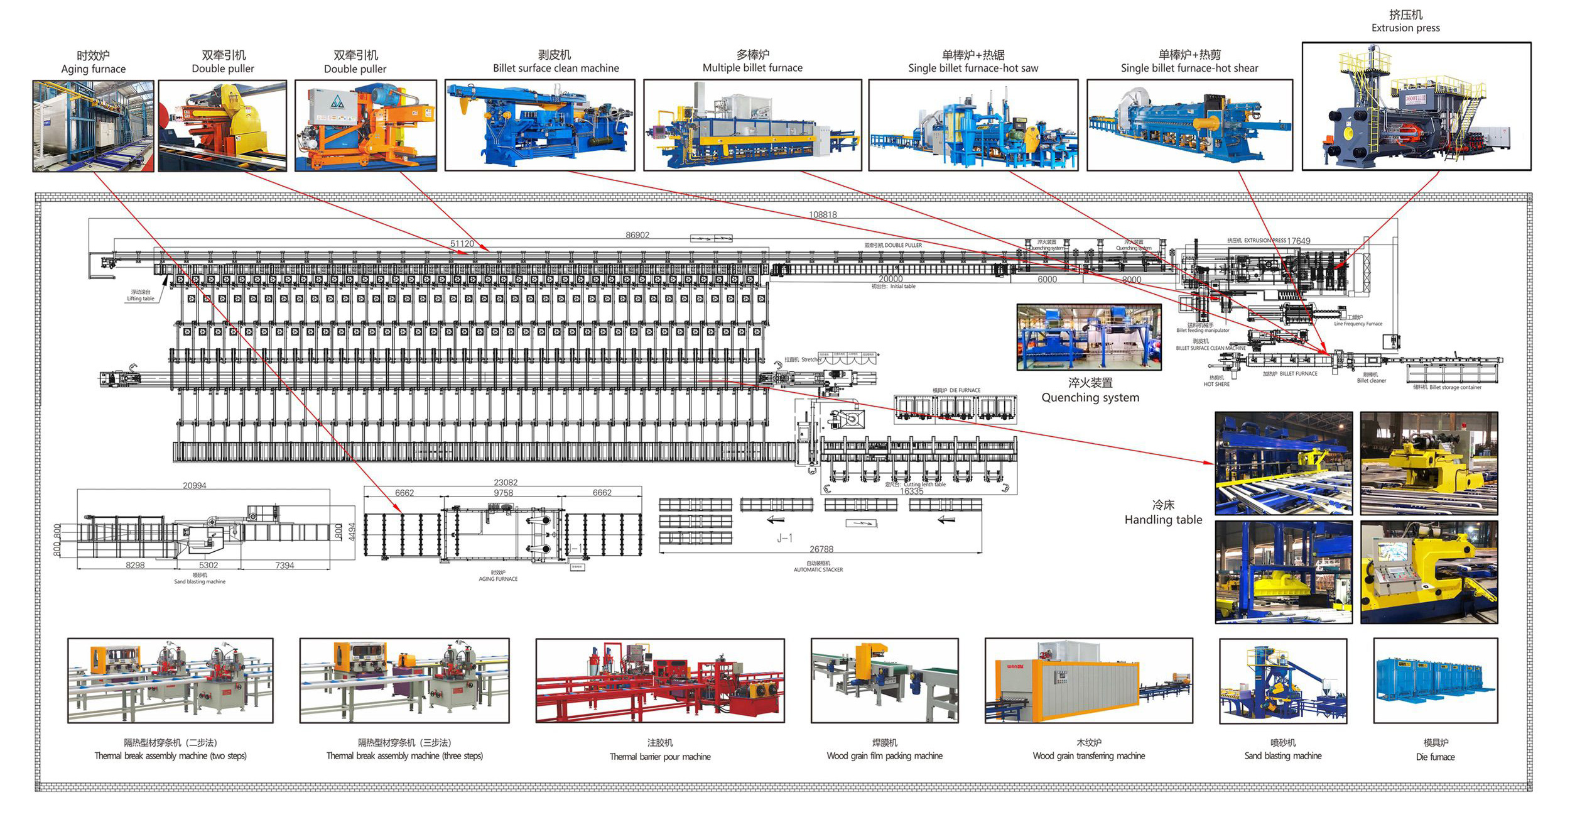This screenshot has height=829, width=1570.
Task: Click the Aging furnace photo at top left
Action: pos(93,126)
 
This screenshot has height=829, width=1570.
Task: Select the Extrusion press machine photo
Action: pos(1416,106)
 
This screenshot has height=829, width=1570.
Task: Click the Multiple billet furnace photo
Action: pos(752,125)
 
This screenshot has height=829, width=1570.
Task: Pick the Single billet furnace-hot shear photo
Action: pos(1189,125)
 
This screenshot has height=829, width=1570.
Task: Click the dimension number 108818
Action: pos(823,215)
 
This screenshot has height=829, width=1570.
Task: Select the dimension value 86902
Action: pos(637,235)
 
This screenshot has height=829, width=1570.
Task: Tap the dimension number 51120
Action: pos(462,244)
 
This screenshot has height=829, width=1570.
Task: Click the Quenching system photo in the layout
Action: pos(1089,337)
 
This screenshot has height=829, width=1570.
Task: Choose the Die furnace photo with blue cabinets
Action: pos(1435,681)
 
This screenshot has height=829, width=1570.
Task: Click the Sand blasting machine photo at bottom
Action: pos(1283,681)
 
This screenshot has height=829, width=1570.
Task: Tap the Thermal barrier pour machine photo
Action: pos(659,681)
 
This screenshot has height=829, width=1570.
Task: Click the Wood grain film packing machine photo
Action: pos(884,681)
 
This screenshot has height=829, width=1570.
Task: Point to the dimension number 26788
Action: pos(821,549)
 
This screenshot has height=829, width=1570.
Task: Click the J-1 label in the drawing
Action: pos(784,538)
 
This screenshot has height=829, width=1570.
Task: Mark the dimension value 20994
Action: pos(195,486)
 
